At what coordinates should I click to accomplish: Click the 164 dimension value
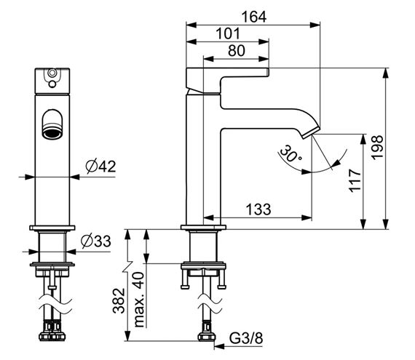coord(254,17)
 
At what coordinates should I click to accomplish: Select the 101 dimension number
coord(228,34)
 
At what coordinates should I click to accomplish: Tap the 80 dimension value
coord(237,51)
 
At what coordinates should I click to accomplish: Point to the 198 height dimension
coord(377,147)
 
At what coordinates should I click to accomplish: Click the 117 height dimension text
coord(355,181)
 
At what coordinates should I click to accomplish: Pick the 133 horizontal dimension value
coord(258,209)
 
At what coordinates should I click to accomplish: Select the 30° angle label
coord(290,153)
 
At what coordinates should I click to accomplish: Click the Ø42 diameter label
coord(101,167)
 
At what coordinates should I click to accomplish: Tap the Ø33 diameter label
coord(96,241)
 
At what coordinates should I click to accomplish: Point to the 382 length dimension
coord(119,301)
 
